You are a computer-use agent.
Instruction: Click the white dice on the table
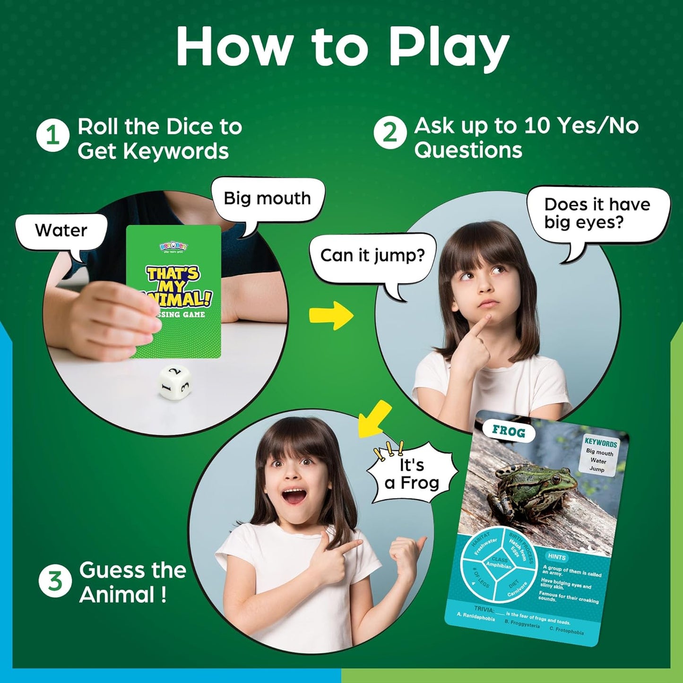pos(174,384)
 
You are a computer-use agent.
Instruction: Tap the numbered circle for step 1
pos(53,136)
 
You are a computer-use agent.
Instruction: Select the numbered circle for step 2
pos(390,133)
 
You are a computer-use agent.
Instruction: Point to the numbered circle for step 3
pos(55,581)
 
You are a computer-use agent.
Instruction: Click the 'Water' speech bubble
pos(61,231)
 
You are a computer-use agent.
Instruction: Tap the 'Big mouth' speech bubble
pos(268,199)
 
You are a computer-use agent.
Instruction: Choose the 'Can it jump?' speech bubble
pos(372,256)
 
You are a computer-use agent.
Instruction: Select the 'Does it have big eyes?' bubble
pos(597,213)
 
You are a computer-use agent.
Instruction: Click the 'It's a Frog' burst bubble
pos(412,474)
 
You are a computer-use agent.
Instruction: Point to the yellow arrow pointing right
pos(331,316)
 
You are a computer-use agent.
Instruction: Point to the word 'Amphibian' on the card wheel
pos(499,565)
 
